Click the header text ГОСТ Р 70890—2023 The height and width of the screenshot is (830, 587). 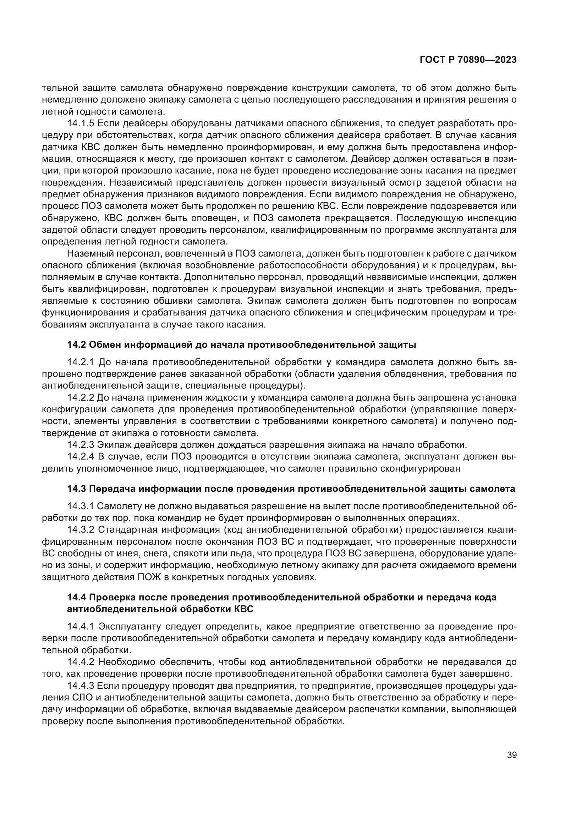click(x=468, y=60)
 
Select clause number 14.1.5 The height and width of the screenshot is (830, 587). click(x=81, y=123)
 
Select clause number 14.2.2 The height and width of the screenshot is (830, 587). click(x=81, y=398)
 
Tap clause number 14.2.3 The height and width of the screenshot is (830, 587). click(x=81, y=445)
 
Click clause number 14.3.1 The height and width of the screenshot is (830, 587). click(x=81, y=506)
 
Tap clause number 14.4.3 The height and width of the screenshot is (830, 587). click(x=81, y=686)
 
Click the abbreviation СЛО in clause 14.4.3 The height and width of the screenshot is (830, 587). click(x=83, y=697)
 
